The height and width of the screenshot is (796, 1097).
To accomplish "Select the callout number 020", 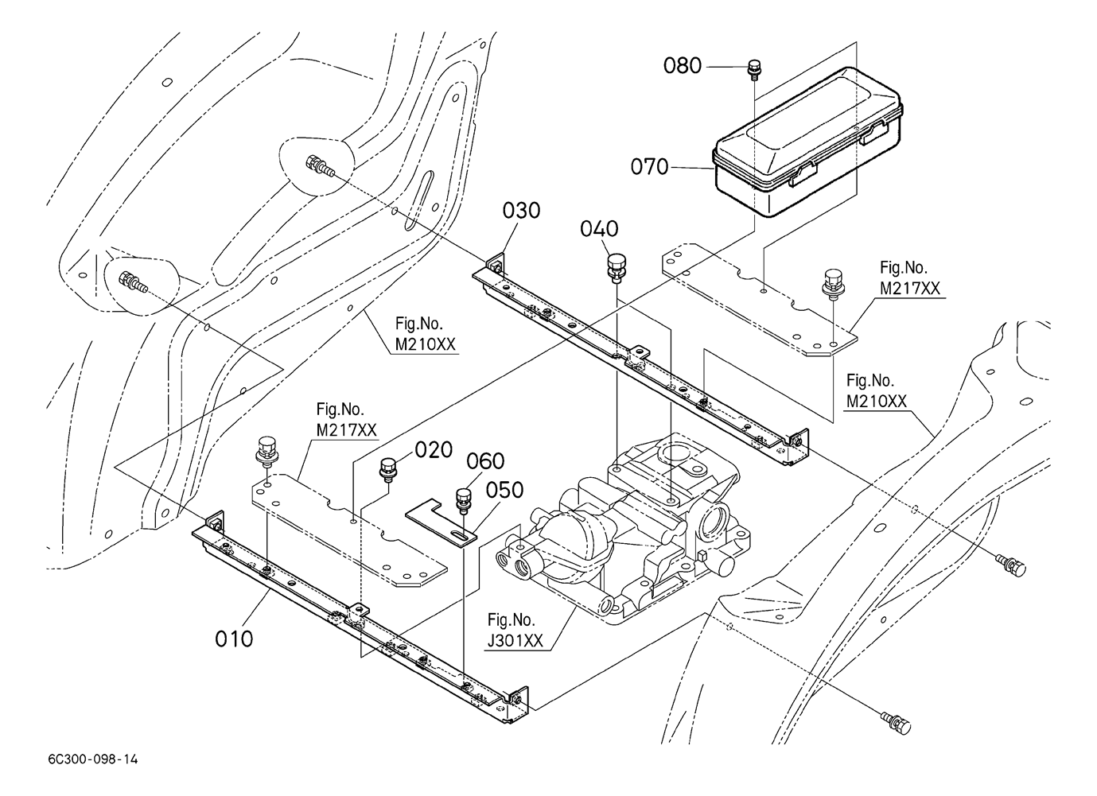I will [x=432, y=450].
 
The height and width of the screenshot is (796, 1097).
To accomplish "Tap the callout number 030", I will [x=521, y=211].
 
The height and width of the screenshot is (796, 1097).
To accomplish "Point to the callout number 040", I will [x=599, y=229].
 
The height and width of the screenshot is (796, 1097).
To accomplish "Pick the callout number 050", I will [x=505, y=490].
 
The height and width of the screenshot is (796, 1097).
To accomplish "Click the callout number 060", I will [x=485, y=461].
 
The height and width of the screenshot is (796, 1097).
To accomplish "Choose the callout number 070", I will [x=649, y=167].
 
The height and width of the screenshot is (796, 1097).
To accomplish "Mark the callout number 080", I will [x=683, y=65].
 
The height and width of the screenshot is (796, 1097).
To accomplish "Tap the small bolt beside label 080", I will [x=753, y=70].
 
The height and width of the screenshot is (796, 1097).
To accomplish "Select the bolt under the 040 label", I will [x=617, y=266].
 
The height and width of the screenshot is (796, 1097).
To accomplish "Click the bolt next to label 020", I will [x=389, y=469].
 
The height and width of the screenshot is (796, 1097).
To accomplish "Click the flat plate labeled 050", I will [x=442, y=521].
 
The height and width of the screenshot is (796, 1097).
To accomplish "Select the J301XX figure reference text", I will [x=512, y=630].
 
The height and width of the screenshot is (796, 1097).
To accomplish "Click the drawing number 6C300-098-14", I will [x=92, y=759].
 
